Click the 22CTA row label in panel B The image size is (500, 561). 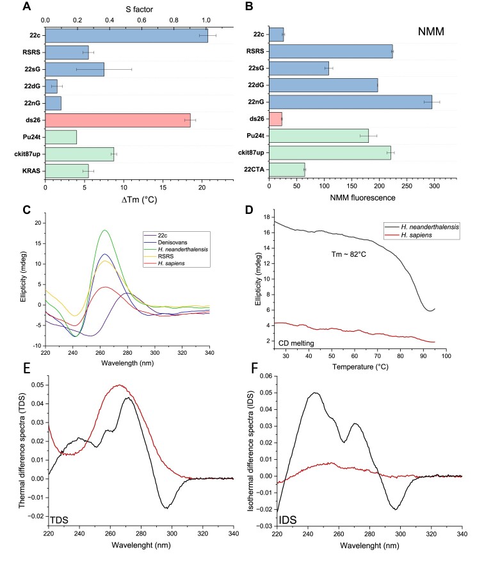point(255,170)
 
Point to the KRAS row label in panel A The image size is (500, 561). point(29,170)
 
